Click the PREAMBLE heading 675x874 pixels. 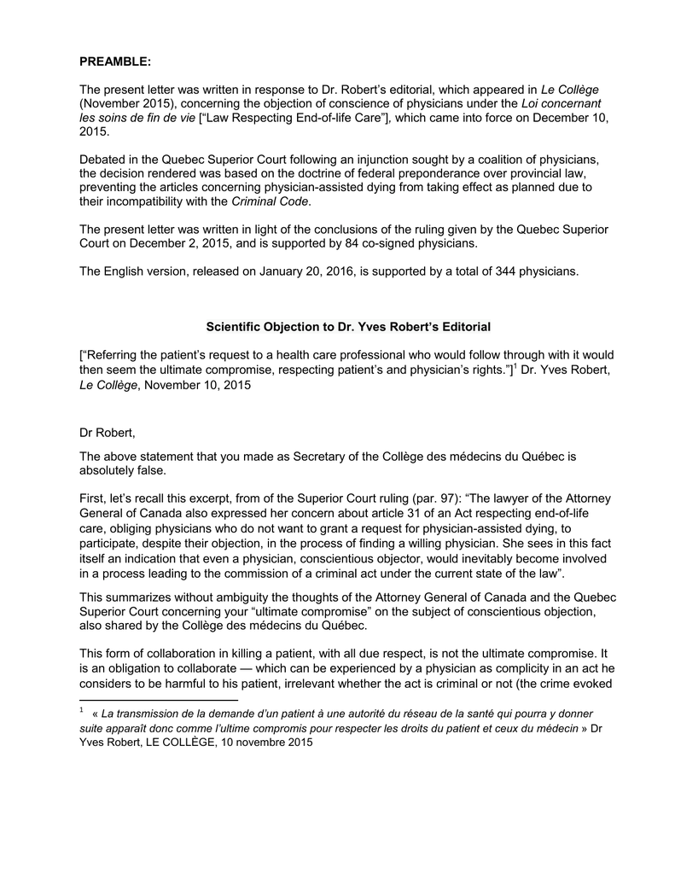(x=115, y=61)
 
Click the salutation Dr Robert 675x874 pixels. (x=108, y=433)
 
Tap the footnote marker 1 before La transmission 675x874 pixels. (x=81, y=710)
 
